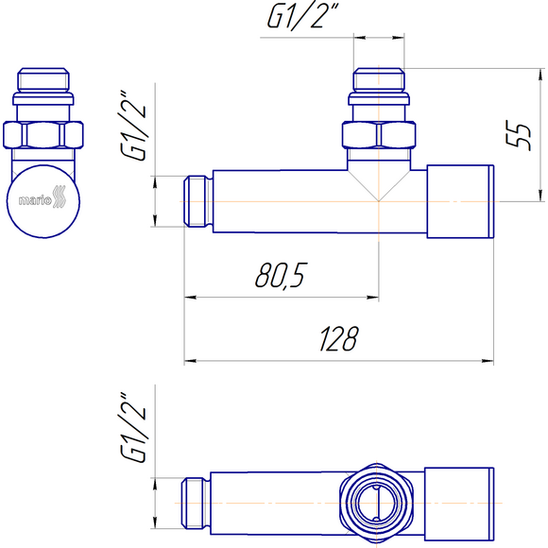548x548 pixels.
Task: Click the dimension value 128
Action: point(337,339)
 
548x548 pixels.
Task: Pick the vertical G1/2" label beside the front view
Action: point(138,127)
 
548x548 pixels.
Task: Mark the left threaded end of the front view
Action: point(197,201)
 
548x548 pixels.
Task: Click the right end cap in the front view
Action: point(460,201)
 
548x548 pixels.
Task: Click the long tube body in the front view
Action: point(274,201)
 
